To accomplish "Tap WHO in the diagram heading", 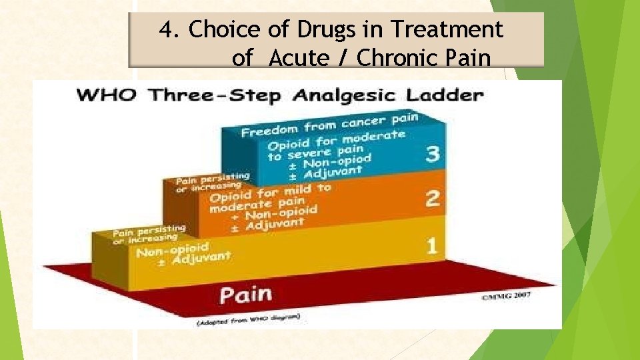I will [x=109, y=94].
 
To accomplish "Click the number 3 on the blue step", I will [x=432, y=155].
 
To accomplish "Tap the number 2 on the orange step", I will [x=432, y=199].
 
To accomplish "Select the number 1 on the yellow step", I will [x=432, y=247].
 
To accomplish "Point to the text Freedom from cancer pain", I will [x=329, y=125].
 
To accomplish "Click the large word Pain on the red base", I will [x=245, y=295].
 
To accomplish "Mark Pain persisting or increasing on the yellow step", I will [x=148, y=234].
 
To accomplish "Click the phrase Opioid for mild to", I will [x=269, y=193].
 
